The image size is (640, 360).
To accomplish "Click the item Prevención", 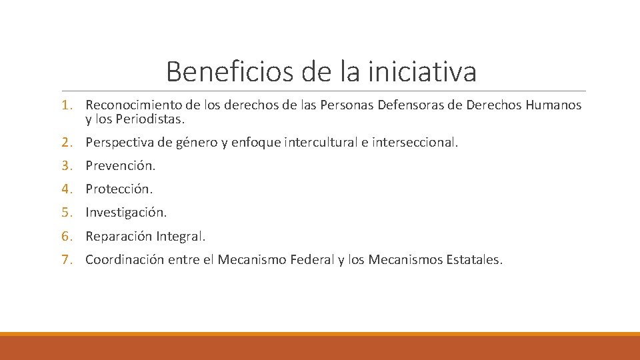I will pyautogui.click(x=120, y=166).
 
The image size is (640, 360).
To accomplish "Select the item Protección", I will pyautogui.click(x=119, y=189).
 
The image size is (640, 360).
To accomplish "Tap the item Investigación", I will pyautogui.click(x=126, y=213).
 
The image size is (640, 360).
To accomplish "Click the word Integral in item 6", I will pyautogui.click(x=181, y=237).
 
